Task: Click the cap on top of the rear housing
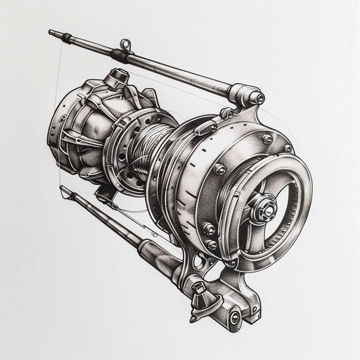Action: click(x=116, y=75)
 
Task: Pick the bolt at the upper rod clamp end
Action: click(x=258, y=98)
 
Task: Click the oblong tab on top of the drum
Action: click(x=205, y=128)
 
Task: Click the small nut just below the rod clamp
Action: click(x=226, y=112)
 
